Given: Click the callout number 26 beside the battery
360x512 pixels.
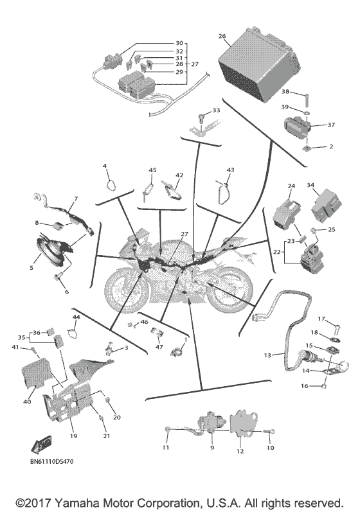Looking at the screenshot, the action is click(222, 35).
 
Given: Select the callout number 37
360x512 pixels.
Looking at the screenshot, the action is click(331, 125).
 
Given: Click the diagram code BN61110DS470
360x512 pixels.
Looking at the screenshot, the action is click(53, 461).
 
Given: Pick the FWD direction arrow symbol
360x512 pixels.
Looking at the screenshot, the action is click(41, 444).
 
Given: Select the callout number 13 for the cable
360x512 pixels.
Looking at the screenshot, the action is click(267, 355).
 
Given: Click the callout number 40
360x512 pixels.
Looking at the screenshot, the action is click(27, 402).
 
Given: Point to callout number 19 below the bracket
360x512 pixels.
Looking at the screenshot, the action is click(73, 436).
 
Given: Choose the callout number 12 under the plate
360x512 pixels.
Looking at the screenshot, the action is click(240, 451).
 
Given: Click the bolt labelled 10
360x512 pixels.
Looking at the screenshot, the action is click(269, 432).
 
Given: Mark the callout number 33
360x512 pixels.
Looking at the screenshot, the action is click(216, 110).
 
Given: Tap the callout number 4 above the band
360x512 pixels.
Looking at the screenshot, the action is click(105, 166).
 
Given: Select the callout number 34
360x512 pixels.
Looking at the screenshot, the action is click(310, 185).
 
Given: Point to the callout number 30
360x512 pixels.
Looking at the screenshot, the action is click(179, 43).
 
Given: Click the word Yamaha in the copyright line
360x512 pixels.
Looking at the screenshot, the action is click(77, 503).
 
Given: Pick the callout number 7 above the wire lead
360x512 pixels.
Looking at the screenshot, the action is click(76, 199).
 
